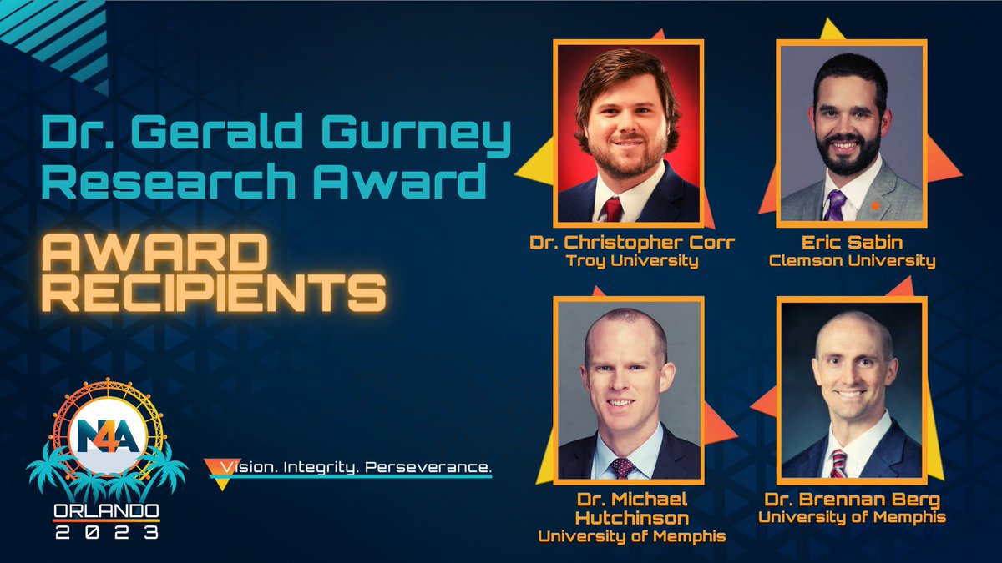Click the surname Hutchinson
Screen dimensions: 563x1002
pyautogui.click(x=631, y=518)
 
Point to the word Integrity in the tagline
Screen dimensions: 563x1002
pyautogui.click(x=335, y=469)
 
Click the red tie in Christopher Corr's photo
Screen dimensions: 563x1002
pyautogui.click(x=614, y=209)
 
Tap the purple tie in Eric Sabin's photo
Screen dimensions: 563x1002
pyautogui.click(x=835, y=204)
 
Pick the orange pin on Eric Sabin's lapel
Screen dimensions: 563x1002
pyautogui.click(x=874, y=205)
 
